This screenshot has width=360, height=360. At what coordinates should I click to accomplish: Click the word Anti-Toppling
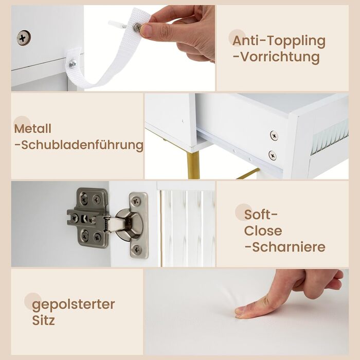pos(279,41)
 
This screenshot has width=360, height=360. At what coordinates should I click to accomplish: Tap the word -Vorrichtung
pos(277,57)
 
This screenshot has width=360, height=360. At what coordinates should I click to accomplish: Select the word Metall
pos(32,129)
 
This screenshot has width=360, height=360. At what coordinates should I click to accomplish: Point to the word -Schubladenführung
pos(79,145)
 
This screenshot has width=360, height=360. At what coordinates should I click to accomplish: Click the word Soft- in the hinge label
pos(261,214)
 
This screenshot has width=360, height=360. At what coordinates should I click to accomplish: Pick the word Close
pos(263,231)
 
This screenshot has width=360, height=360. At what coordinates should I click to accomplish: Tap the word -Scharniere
pos(285,247)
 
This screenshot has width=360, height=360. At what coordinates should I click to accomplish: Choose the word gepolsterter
pos(74,305)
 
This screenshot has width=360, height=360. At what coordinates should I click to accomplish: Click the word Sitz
pos(43,320)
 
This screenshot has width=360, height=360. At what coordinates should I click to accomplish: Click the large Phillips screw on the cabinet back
pos(24,38)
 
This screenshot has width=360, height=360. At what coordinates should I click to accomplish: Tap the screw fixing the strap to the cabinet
pos(73,64)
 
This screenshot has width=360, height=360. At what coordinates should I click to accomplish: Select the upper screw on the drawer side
pos(274,135)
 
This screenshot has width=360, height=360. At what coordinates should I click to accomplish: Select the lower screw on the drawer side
pos(273,155)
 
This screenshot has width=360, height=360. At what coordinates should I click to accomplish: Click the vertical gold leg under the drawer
pos(193,165)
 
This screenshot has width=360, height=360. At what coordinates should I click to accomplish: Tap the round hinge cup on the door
pos(129,225)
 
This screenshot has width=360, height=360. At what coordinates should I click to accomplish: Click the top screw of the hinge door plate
pos(136,201)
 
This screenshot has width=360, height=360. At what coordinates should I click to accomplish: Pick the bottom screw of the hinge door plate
pos(137,249)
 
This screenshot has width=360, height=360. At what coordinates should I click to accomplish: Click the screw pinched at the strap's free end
pos(137,27)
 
